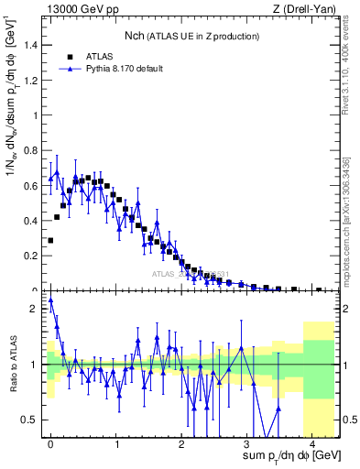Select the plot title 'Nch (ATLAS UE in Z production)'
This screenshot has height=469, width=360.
pos(191,36)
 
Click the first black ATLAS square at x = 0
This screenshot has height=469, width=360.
pos(50,240)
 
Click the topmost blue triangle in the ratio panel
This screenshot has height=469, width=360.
pos(50,300)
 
